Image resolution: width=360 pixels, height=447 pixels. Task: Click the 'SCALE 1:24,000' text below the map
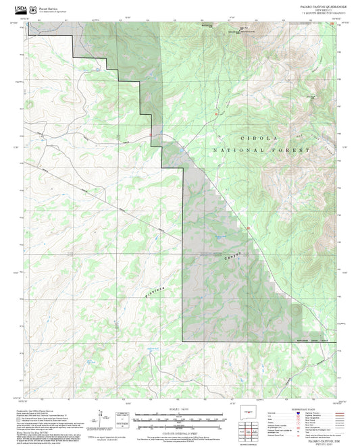(179, 408)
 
